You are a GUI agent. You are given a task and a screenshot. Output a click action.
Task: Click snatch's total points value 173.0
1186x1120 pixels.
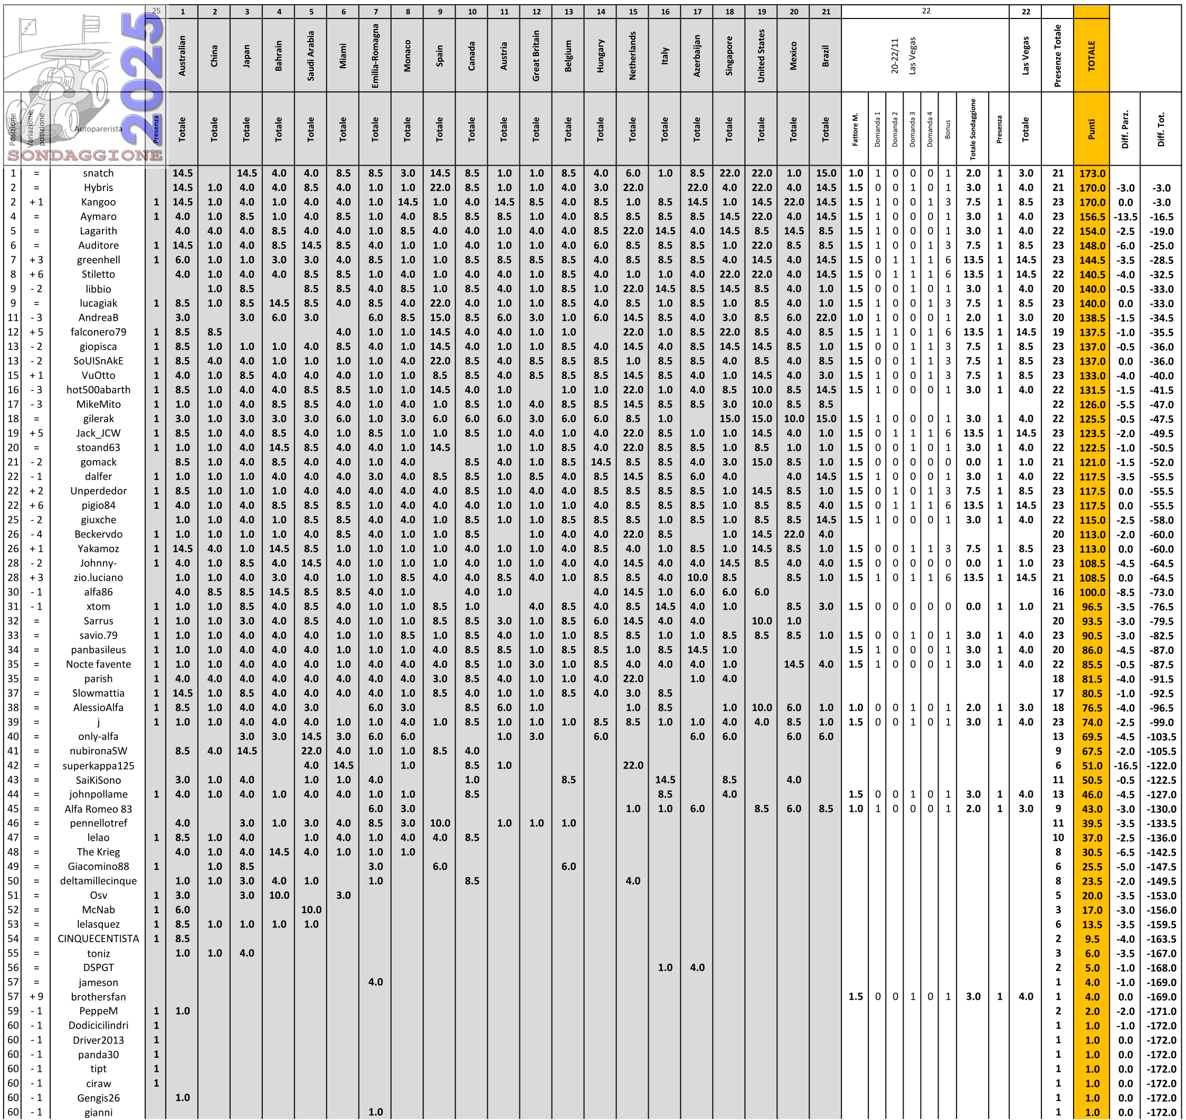(1092, 173)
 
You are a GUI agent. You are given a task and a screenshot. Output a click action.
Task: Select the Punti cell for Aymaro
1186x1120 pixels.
(1092, 217)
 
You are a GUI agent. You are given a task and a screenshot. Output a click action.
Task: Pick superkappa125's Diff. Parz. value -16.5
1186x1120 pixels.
(1125, 765)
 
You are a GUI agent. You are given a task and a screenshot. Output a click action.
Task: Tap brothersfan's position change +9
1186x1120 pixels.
(36, 996)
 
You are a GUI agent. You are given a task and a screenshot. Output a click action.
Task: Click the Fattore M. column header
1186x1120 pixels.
(856, 129)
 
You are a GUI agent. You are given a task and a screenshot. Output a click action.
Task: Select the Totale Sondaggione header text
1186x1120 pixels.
(973, 129)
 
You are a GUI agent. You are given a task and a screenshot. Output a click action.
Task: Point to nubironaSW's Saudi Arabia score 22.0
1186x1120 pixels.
(311, 751)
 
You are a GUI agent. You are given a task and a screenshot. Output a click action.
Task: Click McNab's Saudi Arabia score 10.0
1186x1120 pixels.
(311, 910)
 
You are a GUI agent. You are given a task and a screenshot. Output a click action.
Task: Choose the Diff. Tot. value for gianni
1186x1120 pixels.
(1162, 1112)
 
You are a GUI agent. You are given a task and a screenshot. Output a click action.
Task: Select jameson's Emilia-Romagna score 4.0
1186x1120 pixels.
(375, 982)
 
